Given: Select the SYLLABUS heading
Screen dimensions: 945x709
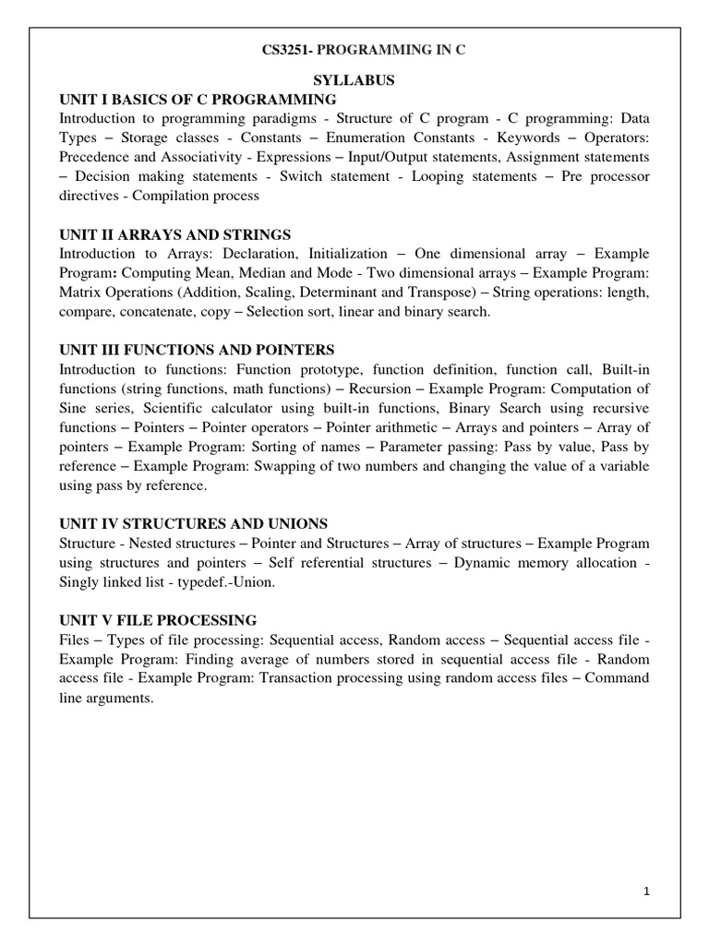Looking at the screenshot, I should [354, 81].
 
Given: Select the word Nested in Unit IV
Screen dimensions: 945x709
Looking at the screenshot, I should [158, 543].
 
